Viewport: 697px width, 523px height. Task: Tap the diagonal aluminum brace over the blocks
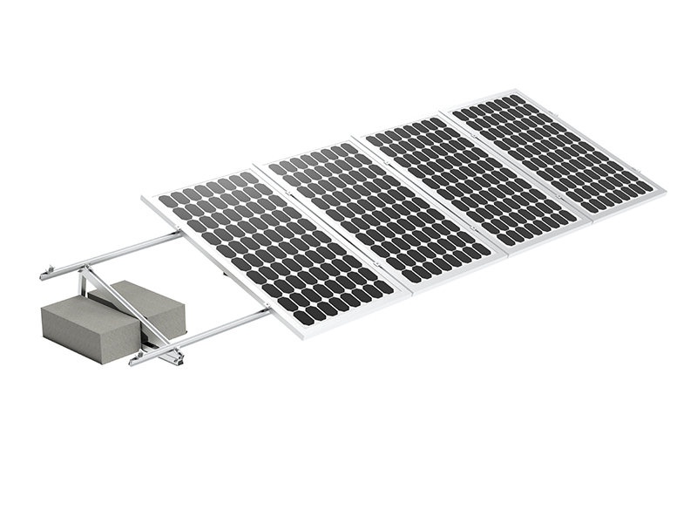pos(131,309)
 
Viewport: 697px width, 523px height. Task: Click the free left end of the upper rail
pos(44,276)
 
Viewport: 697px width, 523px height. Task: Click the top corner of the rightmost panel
pos(518,90)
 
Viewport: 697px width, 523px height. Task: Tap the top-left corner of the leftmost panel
pos(145,198)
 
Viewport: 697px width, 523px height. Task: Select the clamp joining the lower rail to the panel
pos(267,309)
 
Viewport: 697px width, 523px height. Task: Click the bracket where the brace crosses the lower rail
pos(174,353)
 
